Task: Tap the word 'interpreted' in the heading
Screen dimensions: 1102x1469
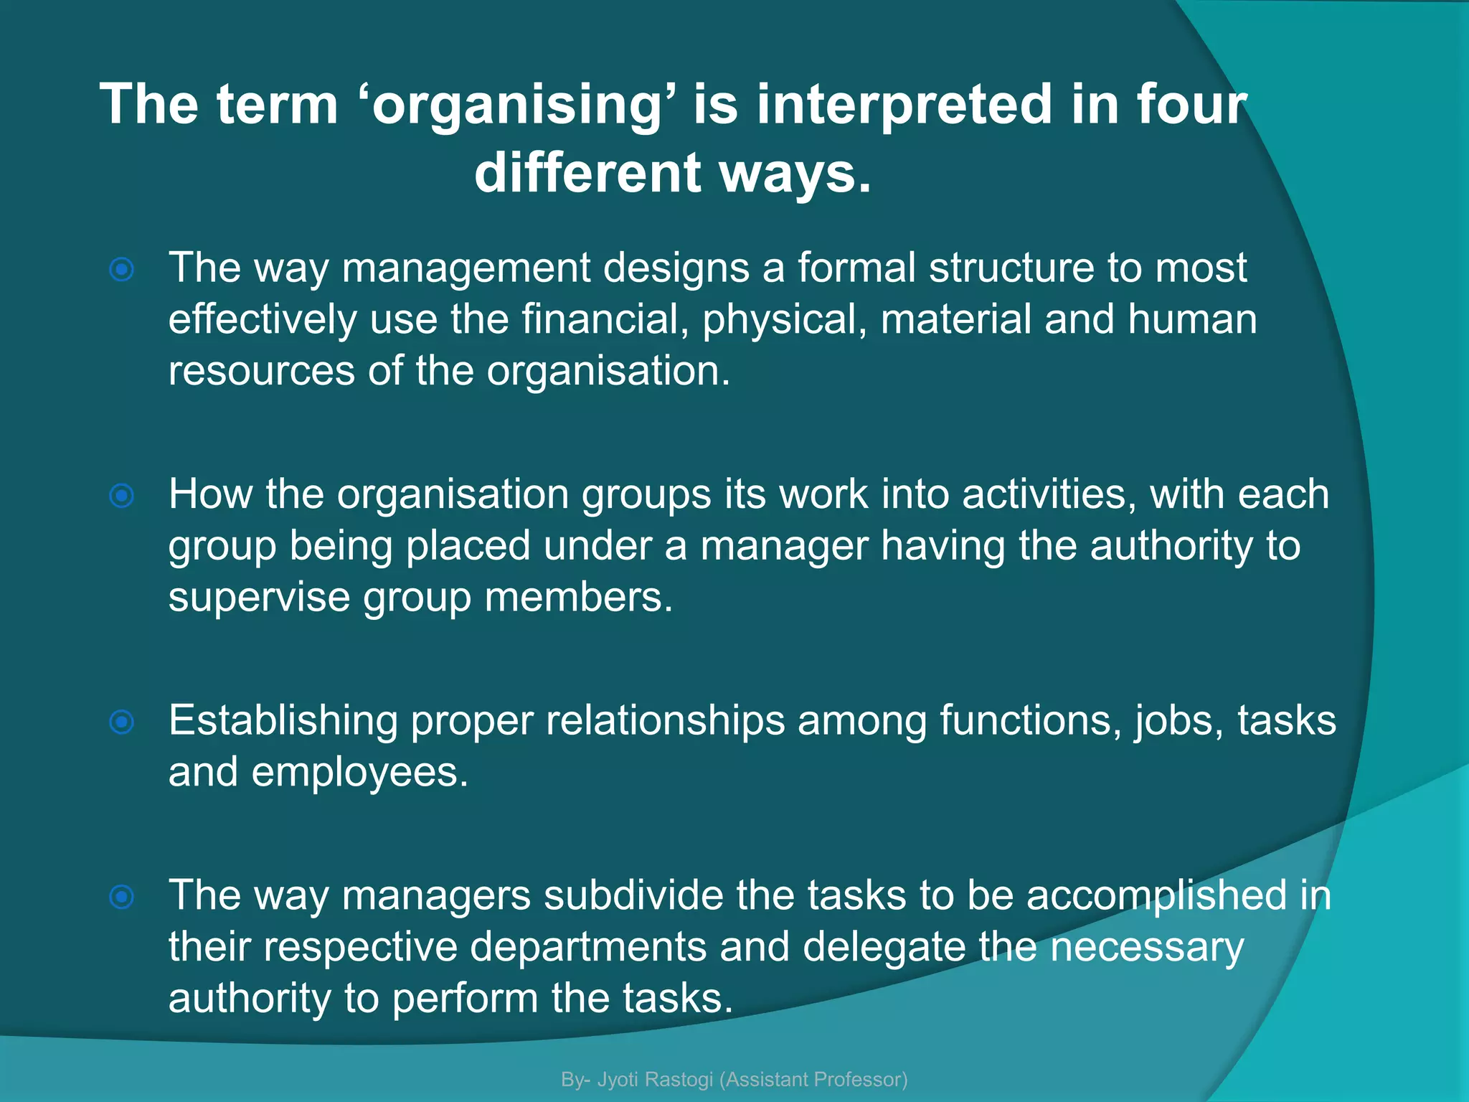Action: tap(905, 105)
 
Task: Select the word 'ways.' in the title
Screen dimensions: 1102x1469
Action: tap(796, 174)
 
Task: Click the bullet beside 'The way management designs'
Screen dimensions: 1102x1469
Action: tap(122, 270)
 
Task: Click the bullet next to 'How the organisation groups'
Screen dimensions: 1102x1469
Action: tap(122, 495)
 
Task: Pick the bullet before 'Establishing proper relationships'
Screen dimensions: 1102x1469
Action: tap(122, 722)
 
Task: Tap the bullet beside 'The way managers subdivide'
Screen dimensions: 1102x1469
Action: tap(122, 896)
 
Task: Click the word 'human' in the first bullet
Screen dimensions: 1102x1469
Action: tap(1192, 319)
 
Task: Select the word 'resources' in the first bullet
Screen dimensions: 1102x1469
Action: tap(262, 371)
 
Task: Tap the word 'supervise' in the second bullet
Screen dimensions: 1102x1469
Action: tap(258, 598)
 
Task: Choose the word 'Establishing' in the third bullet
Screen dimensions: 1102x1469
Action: tap(283, 721)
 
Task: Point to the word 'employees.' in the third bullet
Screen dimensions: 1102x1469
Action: tap(359, 773)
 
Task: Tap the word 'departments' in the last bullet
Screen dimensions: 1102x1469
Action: tap(588, 947)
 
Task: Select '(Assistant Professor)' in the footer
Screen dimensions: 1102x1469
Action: tap(813, 1079)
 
